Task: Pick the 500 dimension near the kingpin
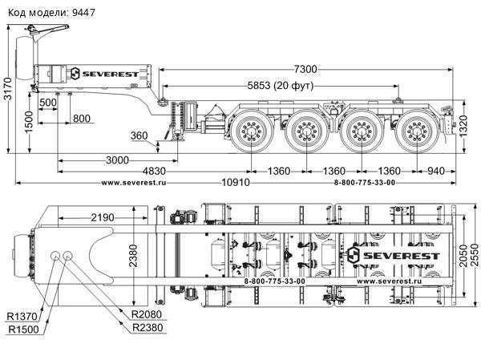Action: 48,103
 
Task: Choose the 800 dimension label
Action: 82,119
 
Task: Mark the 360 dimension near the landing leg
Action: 139,136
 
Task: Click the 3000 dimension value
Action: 116,160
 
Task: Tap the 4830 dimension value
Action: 156,172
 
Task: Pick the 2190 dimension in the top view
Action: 102,217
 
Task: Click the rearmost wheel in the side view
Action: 415,131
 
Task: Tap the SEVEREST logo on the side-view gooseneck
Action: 110,73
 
